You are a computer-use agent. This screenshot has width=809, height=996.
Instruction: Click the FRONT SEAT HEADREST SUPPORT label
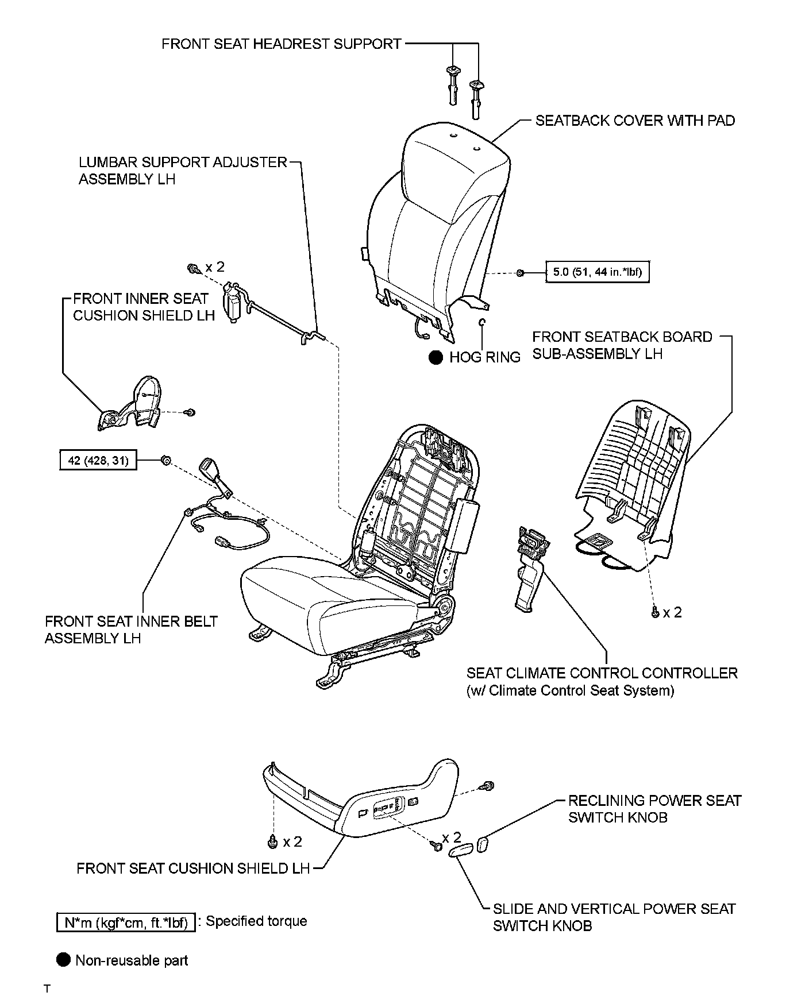(281, 44)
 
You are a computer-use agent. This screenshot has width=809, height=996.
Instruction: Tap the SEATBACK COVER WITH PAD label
(635, 121)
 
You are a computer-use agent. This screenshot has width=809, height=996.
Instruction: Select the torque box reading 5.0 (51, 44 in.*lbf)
(597, 272)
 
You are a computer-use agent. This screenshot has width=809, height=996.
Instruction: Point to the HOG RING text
(485, 357)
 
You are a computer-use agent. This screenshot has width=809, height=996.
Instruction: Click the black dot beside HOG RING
(436, 357)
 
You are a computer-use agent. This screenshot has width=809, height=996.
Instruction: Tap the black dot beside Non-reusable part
(64, 960)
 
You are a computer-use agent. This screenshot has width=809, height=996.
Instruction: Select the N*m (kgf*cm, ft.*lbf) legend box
(126, 922)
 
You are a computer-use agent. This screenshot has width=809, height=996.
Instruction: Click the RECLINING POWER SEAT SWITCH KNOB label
(654, 809)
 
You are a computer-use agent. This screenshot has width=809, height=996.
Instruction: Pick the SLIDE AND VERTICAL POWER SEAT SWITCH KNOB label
(614, 917)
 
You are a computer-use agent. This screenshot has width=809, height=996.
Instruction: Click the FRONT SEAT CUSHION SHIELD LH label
(193, 868)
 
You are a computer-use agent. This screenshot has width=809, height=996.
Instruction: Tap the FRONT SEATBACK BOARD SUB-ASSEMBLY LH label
(622, 345)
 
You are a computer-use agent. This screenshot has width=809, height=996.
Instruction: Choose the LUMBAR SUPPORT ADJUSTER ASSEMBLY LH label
(182, 171)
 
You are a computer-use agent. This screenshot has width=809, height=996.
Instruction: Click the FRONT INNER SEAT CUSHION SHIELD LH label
(144, 307)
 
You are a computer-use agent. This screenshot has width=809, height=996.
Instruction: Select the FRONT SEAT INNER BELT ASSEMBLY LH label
(131, 630)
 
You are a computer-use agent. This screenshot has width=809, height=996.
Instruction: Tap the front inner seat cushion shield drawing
(131, 406)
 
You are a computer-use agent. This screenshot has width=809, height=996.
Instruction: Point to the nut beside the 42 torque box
(165, 460)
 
